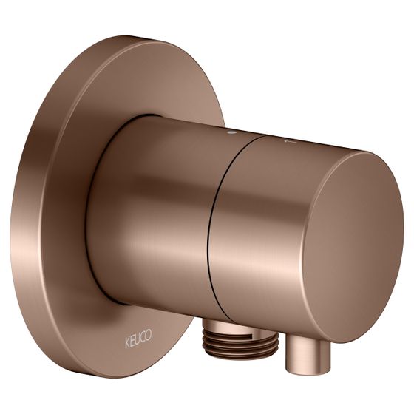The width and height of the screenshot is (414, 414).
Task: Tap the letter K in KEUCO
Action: click(127, 343)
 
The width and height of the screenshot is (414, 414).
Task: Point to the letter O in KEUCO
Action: click(149, 335)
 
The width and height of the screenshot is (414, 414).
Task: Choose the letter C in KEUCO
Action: click(143, 337)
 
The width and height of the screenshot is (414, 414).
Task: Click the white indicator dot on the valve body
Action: click(232, 132)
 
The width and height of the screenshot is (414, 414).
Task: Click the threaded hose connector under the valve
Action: click(240, 339)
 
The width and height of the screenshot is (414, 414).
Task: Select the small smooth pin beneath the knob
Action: click(308, 353)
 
